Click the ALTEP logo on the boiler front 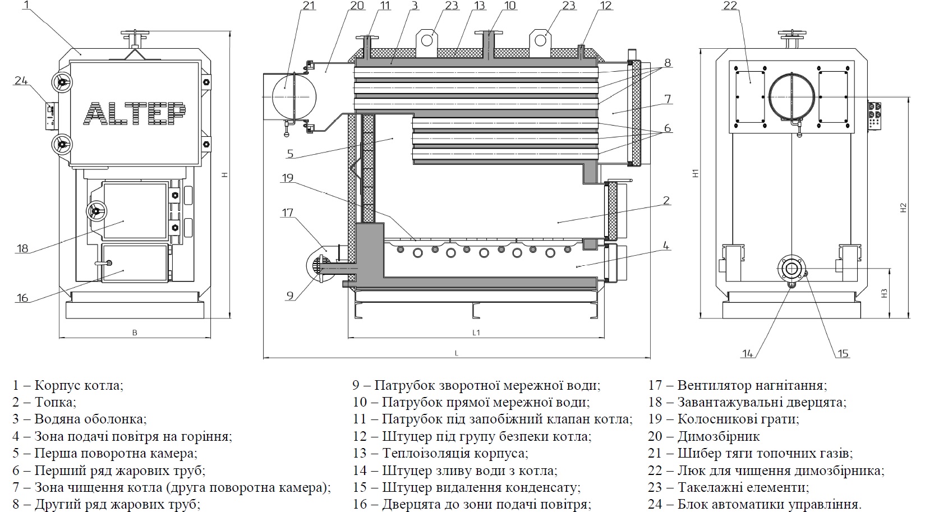(135, 114)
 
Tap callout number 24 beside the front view (21, 81)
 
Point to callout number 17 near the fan (287, 213)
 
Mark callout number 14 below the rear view (747, 353)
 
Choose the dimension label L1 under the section (476, 333)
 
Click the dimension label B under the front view (135, 333)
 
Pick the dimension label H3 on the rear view (883, 293)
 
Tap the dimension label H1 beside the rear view (695, 174)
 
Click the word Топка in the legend (55, 402)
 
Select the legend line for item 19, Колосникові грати (723, 419)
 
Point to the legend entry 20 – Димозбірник (703, 436)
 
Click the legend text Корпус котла (79, 385)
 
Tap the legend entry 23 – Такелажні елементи (729, 487)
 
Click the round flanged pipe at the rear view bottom (790, 269)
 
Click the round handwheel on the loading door (96, 211)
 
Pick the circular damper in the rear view (791, 97)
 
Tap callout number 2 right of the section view (666, 201)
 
